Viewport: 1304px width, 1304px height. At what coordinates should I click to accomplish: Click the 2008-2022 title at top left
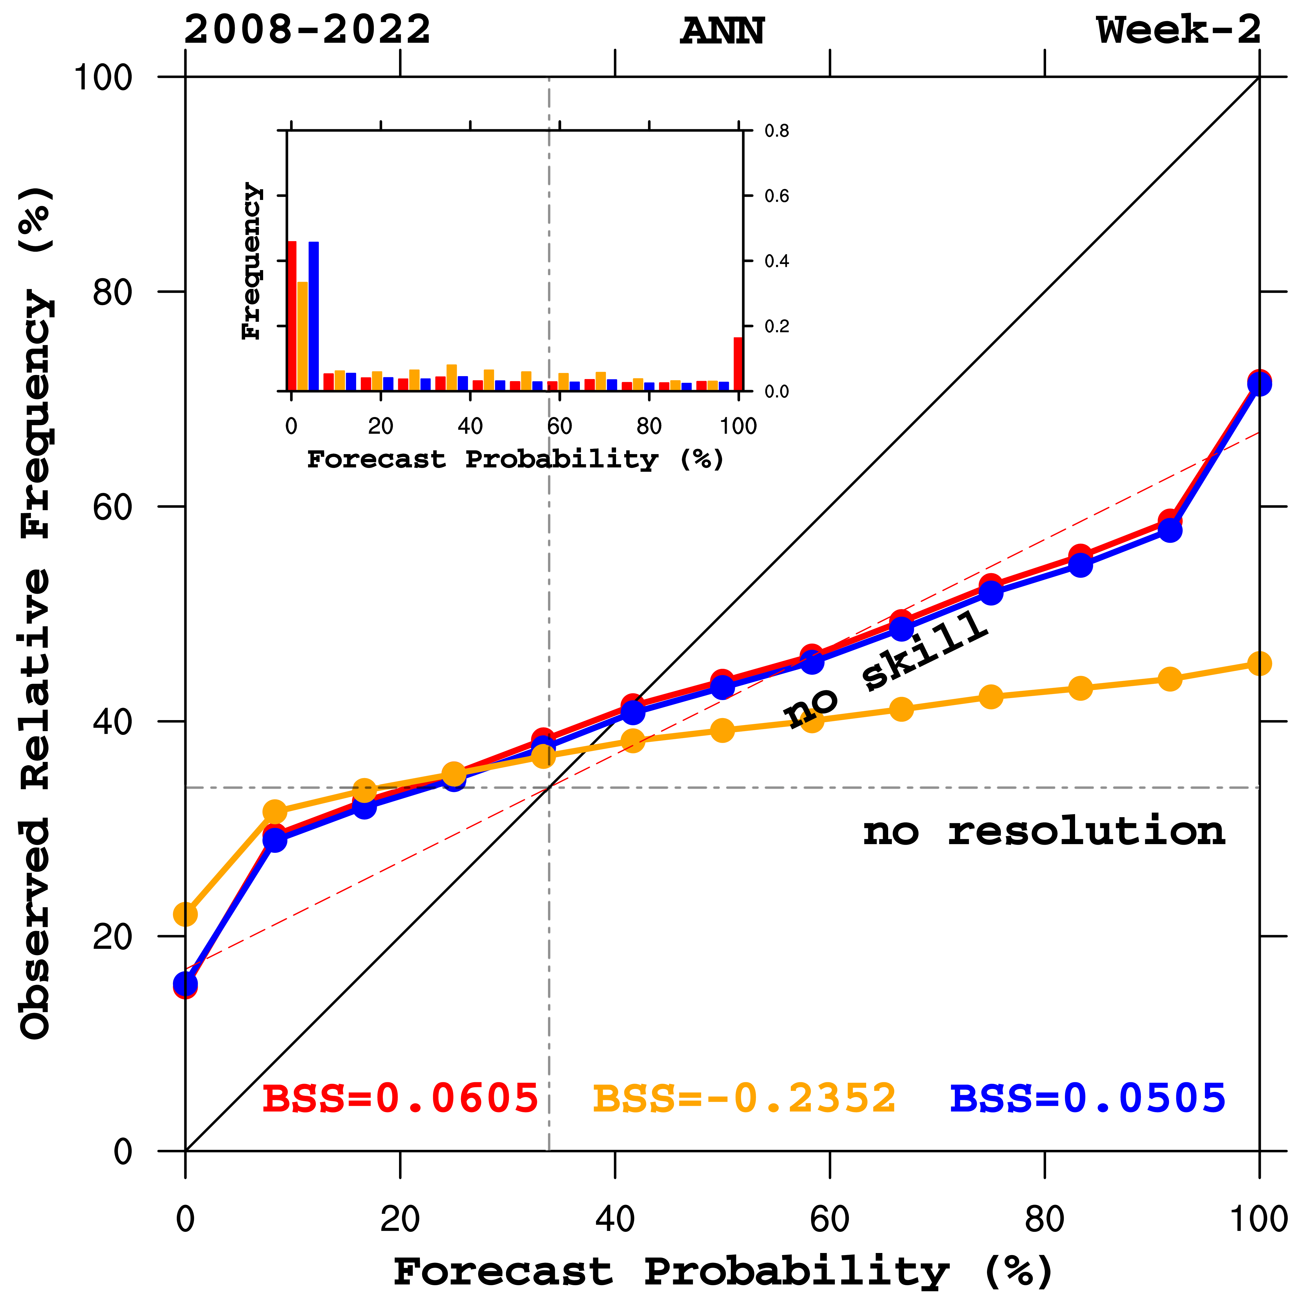[x=307, y=30]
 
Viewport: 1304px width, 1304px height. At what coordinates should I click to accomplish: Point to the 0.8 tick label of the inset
[x=776, y=131]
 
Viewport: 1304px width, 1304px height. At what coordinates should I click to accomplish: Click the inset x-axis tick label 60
[x=560, y=427]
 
